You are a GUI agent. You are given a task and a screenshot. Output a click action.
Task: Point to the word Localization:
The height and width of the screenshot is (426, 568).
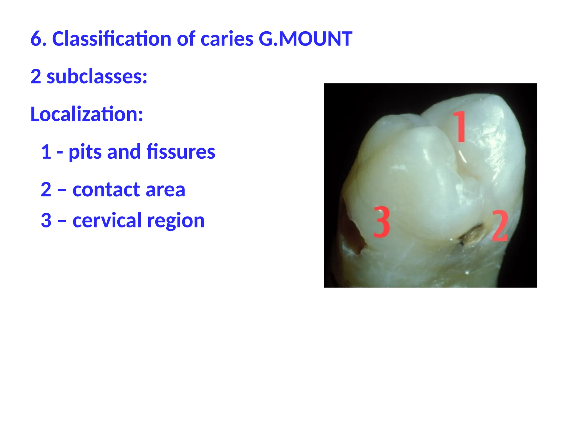pos(87,114)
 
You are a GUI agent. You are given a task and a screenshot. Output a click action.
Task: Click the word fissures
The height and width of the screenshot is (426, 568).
pos(181,152)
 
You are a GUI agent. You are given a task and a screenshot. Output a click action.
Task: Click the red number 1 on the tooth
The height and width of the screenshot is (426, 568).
pos(460,126)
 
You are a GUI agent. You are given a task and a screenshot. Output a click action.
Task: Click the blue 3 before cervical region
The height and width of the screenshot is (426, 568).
pos(46,220)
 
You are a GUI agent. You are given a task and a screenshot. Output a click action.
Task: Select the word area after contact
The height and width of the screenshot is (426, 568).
pos(165,190)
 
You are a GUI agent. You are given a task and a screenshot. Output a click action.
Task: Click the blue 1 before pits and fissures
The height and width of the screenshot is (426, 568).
pos(46,152)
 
